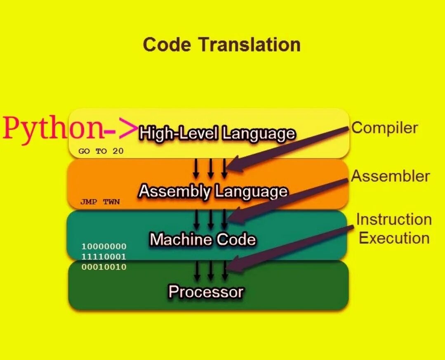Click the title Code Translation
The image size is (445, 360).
(x=222, y=45)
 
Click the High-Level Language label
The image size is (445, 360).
(x=217, y=133)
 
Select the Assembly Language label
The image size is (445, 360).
(x=213, y=191)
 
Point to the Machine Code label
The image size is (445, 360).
(x=202, y=239)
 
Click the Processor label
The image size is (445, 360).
(x=206, y=292)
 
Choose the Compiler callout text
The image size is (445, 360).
(x=384, y=128)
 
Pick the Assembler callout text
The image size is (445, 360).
(x=390, y=176)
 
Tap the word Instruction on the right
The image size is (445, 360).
(x=394, y=219)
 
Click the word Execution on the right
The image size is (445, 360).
(x=394, y=238)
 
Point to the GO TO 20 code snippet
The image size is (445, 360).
(x=101, y=151)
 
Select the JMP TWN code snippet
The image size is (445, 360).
(x=100, y=202)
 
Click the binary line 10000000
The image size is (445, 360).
(x=104, y=247)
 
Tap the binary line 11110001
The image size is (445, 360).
(x=104, y=257)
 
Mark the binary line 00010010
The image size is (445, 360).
(x=104, y=267)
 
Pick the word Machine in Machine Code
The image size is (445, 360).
(x=176, y=239)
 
